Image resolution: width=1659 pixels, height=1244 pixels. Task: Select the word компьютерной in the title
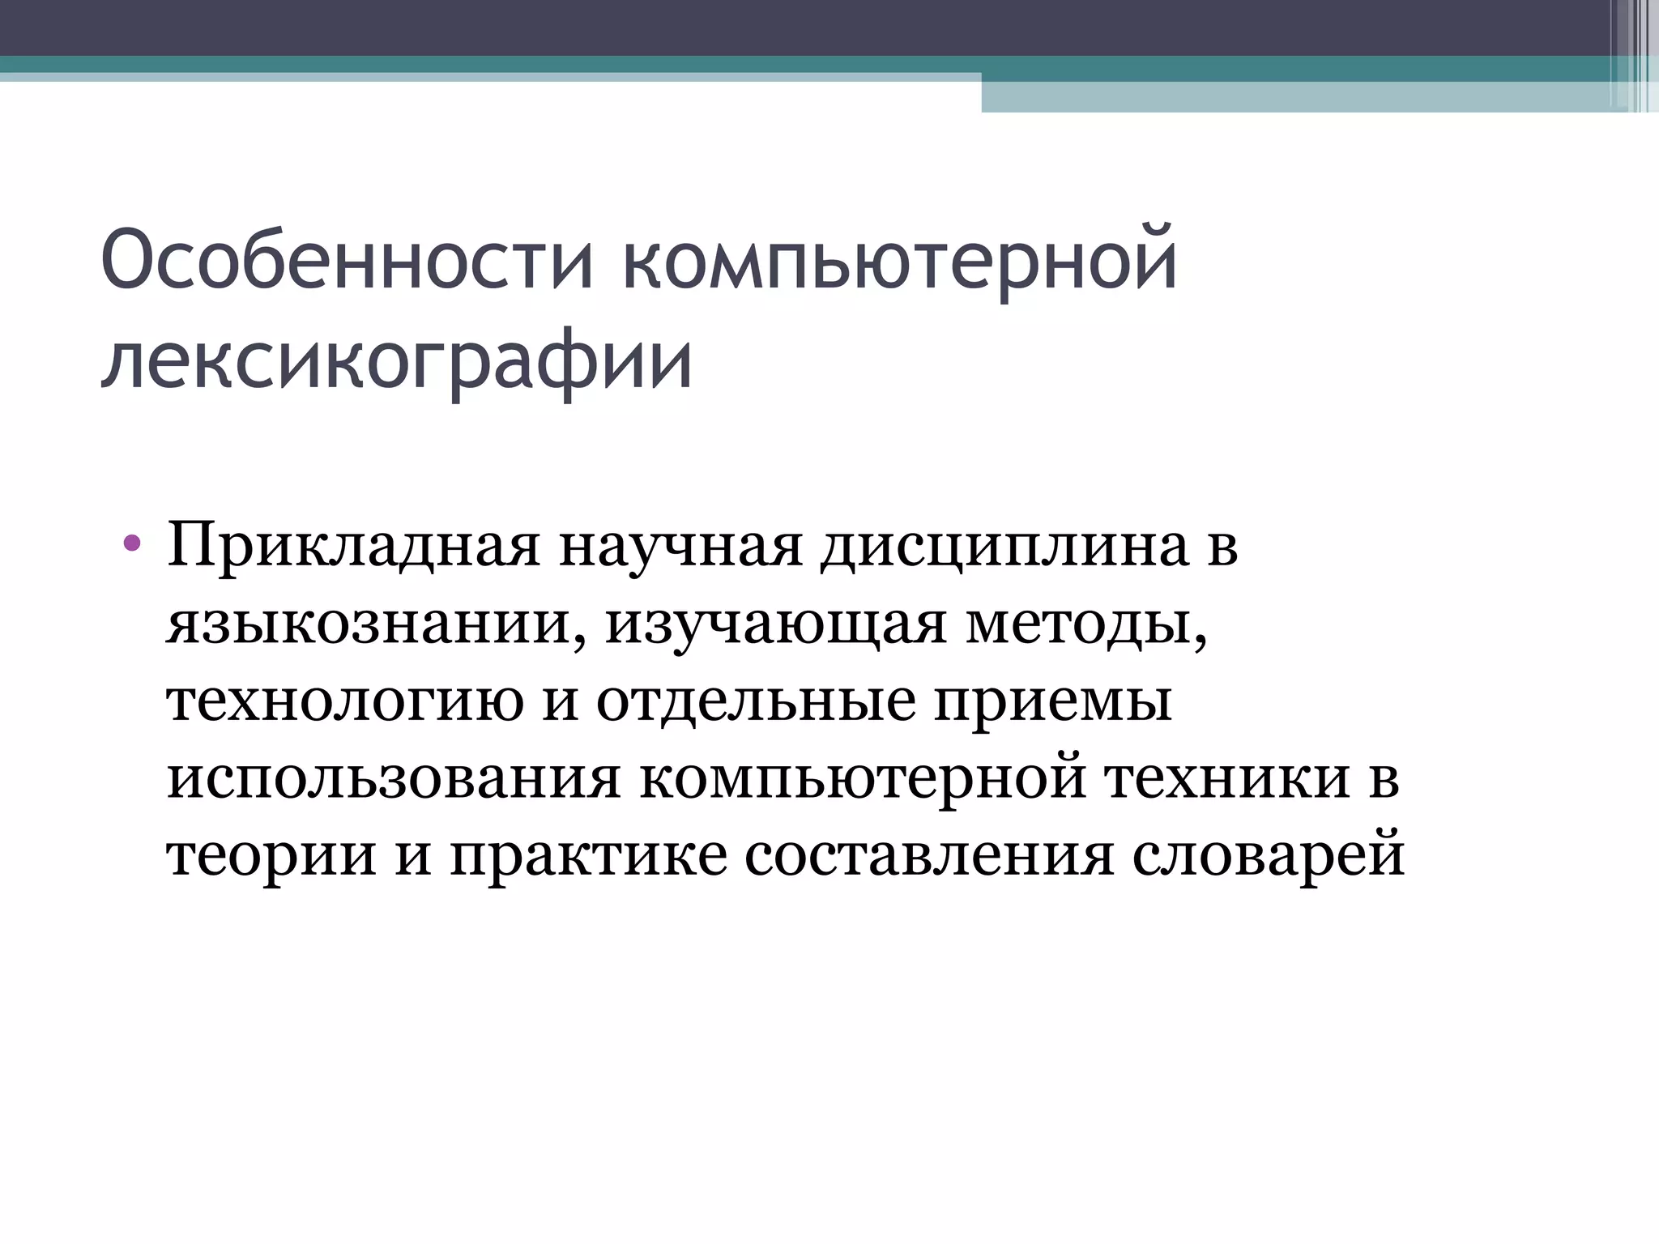[900, 262]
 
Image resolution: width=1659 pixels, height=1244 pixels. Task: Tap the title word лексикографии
[397, 361]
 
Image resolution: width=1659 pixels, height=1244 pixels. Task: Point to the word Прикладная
[353, 547]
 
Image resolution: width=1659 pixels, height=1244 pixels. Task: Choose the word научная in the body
[680, 547]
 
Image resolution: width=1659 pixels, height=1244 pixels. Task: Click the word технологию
[345, 701]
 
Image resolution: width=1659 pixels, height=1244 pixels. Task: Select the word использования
[394, 778]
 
